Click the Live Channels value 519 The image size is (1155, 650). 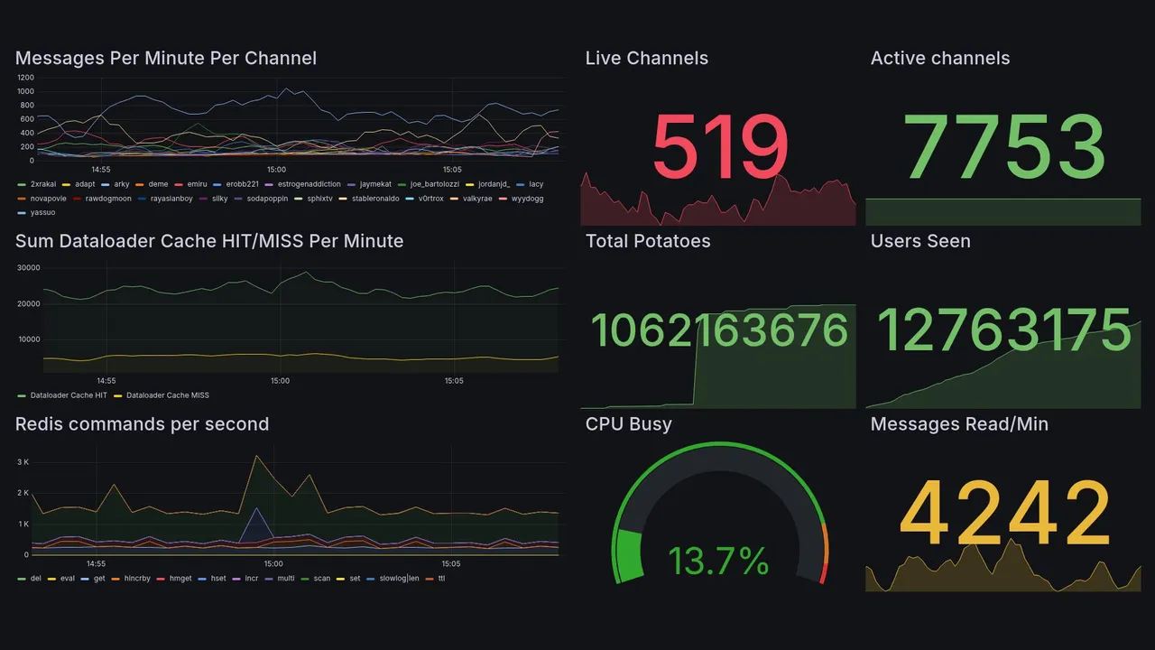coord(719,146)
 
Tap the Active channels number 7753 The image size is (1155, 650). coord(1003,146)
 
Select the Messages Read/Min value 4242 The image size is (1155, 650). coord(1003,513)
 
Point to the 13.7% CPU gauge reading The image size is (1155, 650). coord(718,562)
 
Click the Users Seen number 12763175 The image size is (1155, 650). coord(1003,330)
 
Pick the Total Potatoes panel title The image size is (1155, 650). coord(648,241)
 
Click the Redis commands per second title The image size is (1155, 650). coord(142,424)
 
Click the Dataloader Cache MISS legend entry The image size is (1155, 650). coord(167,395)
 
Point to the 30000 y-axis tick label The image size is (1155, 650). coord(29,268)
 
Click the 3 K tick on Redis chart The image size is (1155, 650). coord(24,462)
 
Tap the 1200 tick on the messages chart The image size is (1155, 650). coord(25,78)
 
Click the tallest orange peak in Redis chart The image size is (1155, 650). coord(257,456)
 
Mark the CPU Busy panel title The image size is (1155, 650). coord(628,424)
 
